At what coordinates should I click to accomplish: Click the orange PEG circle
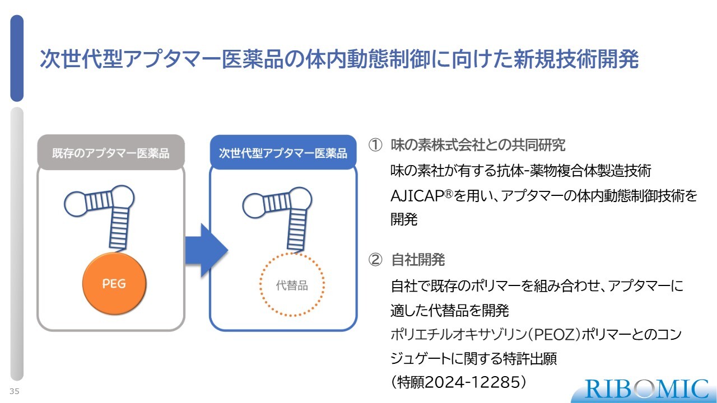[x=114, y=283]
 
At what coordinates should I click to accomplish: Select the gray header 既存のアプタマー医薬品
[x=111, y=153]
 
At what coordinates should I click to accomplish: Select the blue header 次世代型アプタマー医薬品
[x=283, y=153]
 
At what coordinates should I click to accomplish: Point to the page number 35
[x=15, y=391]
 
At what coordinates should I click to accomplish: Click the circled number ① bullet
[x=375, y=145]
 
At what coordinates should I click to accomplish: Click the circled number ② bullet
[x=375, y=260]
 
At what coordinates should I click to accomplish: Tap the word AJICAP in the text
[x=417, y=196]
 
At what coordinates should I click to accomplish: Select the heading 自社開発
[x=418, y=260]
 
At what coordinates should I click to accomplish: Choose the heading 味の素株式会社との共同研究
[x=478, y=145]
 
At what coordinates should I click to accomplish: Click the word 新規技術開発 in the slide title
[x=576, y=59]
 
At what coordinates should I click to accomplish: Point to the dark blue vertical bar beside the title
[x=17, y=58]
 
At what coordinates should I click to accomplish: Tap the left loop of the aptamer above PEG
[x=75, y=204]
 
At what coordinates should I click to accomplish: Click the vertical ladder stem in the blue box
[x=296, y=229]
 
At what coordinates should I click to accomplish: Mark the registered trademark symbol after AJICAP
[x=449, y=194]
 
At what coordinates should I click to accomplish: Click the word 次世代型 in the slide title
[x=81, y=59]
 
